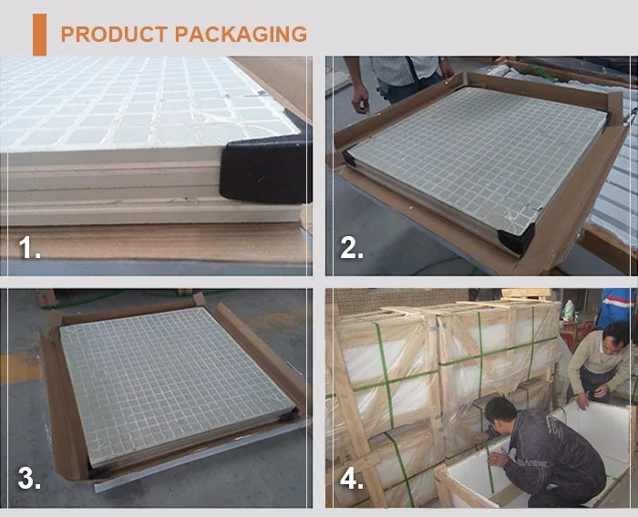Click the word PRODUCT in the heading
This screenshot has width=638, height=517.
[114, 35]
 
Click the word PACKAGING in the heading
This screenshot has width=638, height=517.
[241, 35]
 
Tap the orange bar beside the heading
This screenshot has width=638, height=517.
[39, 35]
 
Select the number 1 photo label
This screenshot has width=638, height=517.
[29, 248]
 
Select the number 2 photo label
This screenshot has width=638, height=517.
[352, 248]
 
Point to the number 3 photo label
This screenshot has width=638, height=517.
[29, 478]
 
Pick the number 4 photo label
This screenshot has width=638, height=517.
[352, 478]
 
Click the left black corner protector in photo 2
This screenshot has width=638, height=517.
[349, 157]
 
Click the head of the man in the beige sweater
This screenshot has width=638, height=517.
[615, 337]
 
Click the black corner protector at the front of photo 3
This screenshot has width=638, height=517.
[98, 472]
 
